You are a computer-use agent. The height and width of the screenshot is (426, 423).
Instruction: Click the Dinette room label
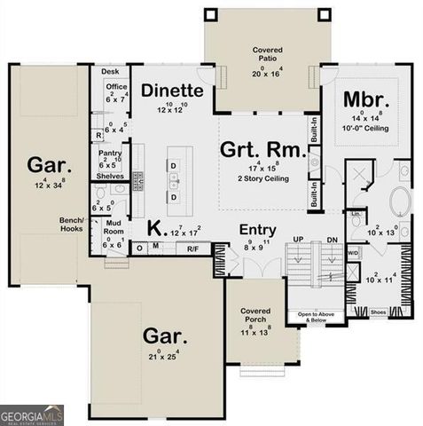point(172,91)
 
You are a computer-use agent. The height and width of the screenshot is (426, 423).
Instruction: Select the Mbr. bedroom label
point(364,98)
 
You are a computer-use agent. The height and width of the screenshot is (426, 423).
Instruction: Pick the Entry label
point(259,230)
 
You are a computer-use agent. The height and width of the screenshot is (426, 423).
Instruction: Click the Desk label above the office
point(109,71)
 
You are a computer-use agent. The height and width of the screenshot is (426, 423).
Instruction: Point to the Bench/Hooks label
point(72,224)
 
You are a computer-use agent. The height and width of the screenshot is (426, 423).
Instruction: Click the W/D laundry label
point(353,253)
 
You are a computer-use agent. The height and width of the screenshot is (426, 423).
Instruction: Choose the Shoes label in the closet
point(378,312)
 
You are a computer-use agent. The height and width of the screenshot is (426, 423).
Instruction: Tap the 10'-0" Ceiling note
point(365,129)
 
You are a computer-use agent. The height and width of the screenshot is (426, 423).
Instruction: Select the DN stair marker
point(332,241)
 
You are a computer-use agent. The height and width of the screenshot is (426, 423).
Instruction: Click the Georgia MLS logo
point(32,414)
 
